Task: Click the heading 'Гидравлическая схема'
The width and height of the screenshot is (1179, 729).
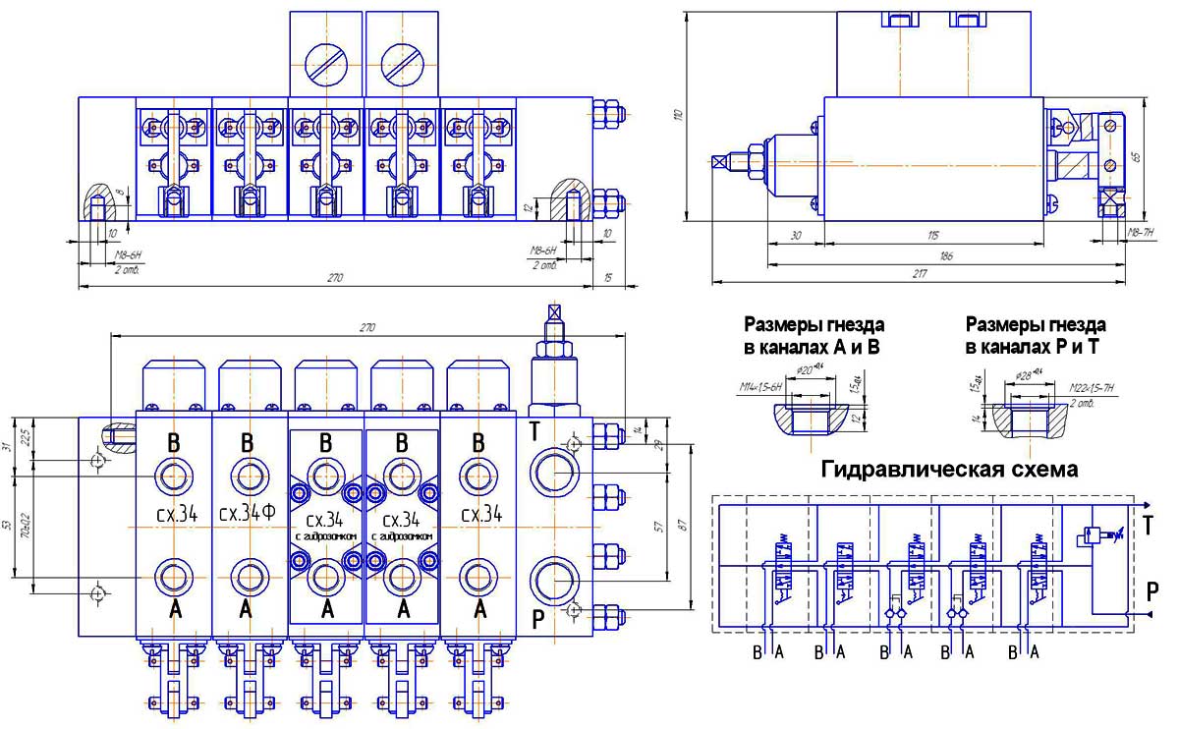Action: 949,470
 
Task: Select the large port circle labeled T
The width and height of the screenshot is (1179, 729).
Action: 553,474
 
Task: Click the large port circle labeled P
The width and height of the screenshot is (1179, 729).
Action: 553,581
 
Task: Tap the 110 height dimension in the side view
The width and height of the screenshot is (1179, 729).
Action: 678,115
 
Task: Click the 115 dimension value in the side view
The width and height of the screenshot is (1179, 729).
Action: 933,235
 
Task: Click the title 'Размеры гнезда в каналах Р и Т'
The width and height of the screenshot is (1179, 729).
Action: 1036,334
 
